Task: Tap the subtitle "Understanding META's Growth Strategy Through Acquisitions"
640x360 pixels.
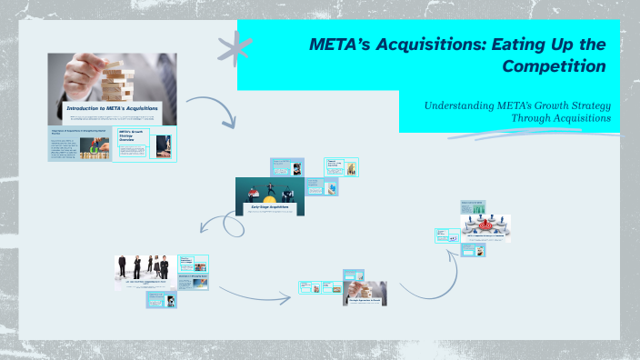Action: click(517, 112)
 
